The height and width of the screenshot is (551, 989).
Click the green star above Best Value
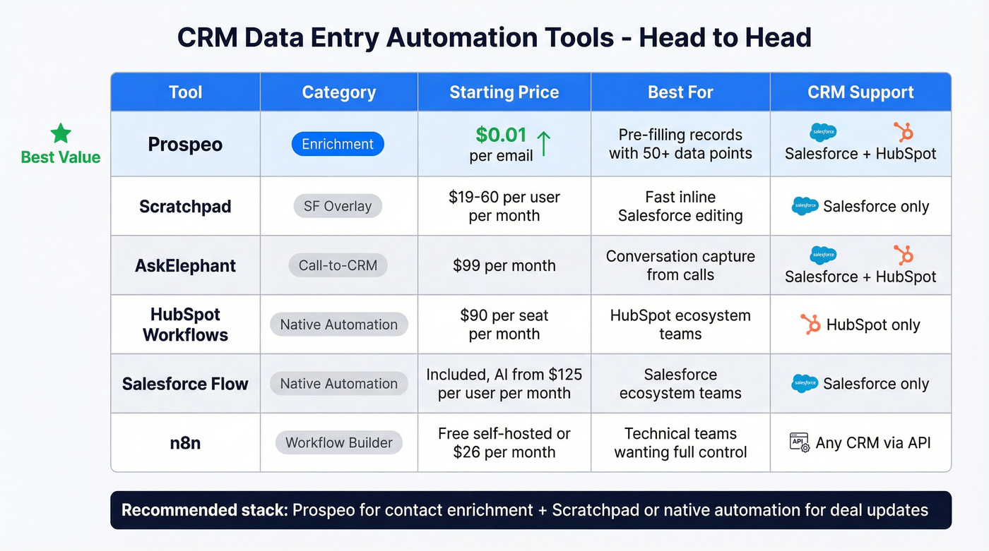[61, 133]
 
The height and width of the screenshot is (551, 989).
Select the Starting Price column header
[504, 92]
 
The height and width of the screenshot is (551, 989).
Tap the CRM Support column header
[860, 92]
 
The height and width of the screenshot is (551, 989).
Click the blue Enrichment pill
[338, 144]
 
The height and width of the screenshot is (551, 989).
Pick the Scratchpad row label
[185, 207]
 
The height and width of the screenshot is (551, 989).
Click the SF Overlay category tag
[338, 207]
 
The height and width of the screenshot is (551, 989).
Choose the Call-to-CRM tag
[338, 266]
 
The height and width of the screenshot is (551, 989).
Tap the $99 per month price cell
[504, 266]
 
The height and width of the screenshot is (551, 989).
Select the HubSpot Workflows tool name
[185, 325]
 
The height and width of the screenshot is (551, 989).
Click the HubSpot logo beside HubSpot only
[810, 325]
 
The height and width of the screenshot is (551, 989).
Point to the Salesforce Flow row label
[185, 384]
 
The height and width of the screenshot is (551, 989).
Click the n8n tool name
[185, 443]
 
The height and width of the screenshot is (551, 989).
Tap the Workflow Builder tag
[338, 443]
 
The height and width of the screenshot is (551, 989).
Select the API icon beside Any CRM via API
[799, 443]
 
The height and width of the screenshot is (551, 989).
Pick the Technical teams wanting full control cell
[680, 443]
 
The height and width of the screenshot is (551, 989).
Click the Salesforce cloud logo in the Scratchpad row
[805, 207]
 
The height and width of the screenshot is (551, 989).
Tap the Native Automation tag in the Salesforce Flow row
[338, 384]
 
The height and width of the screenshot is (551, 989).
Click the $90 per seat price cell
[504, 325]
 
